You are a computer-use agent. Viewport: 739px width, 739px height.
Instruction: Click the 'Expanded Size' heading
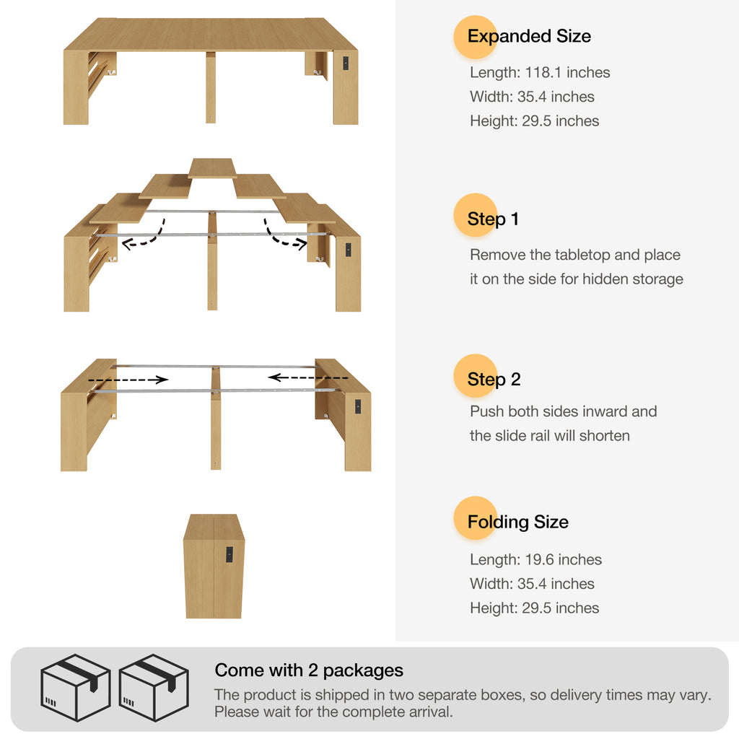(529, 36)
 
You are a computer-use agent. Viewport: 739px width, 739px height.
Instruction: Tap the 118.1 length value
(543, 73)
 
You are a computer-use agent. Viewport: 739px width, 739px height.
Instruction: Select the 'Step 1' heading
(493, 219)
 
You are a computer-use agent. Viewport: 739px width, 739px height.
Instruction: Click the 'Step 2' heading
(494, 380)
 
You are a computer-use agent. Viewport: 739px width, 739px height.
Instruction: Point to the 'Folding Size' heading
(518, 522)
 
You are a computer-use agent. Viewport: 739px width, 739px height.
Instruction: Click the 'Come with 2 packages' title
(309, 670)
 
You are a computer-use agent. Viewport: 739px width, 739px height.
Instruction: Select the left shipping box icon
(75, 688)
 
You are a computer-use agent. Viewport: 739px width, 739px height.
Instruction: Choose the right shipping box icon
(154, 688)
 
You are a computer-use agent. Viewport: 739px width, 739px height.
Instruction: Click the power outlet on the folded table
(229, 554)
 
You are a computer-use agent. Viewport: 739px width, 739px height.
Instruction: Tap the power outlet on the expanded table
(346, 64)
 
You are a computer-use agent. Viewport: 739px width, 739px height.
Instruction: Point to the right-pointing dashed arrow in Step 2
(128, 380)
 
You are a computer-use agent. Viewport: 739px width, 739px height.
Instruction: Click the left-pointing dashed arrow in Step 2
(308, 377)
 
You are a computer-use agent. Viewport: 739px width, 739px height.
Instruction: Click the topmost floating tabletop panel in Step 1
(212, 168)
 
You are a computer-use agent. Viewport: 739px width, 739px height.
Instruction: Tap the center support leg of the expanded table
(211, 87)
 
